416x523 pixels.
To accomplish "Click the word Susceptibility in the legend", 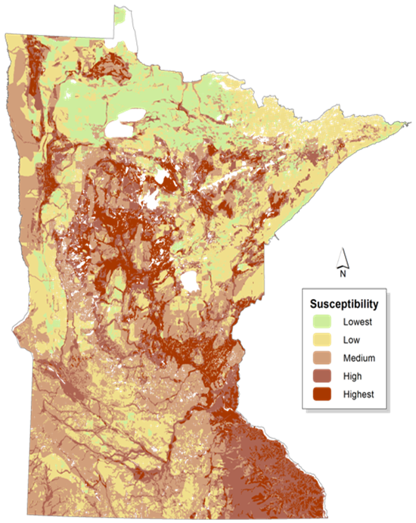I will point(344,304).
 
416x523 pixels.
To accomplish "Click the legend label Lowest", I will point(357,322).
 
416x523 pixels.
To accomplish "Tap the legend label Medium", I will point(359,358).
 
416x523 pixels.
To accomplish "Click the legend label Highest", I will point(359,394).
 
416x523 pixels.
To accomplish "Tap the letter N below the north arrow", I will point(343,275).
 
